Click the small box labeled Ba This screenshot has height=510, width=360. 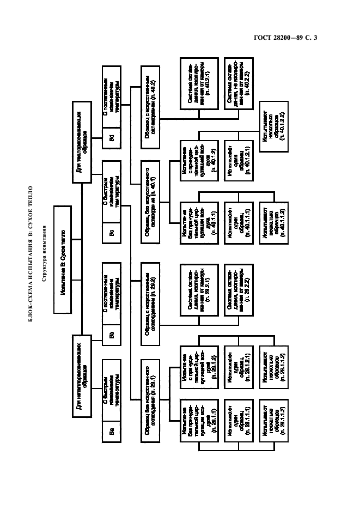pos(112,431)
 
